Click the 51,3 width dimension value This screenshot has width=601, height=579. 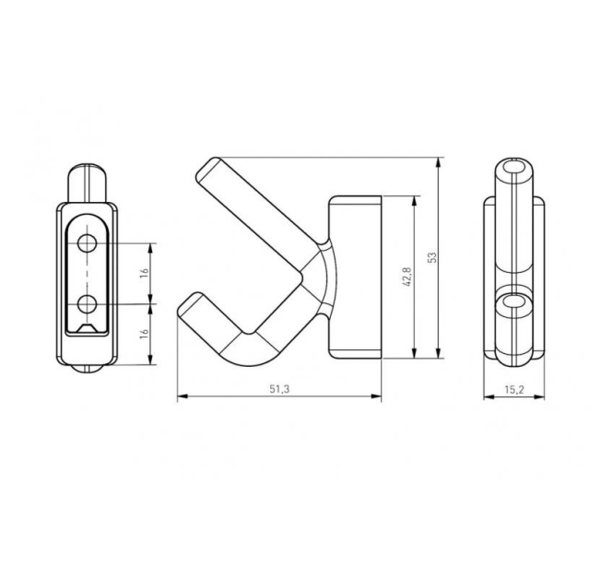click(x=279, y=389)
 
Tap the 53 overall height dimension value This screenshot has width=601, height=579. click(x=431, y=257)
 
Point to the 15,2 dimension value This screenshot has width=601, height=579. click(x=514, y=390)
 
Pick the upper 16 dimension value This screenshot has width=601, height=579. click(x=144, y=273)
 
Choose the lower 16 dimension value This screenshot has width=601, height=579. click(x=144, y=334)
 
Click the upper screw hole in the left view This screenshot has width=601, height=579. click(x=88, y=243)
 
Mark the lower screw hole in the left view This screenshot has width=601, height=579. click(x=88, y=302)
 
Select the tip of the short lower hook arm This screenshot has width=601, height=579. click(x=189, y=305)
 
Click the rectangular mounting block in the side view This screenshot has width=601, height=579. click(x=355, y=277)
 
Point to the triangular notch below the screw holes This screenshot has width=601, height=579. click(x=88, y=328)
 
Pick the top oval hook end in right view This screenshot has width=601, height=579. click(x=514, y=170)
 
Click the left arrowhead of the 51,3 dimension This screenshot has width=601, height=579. click(x=180, y=397)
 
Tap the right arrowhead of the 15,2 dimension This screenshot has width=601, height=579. click(x=542, y=397)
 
